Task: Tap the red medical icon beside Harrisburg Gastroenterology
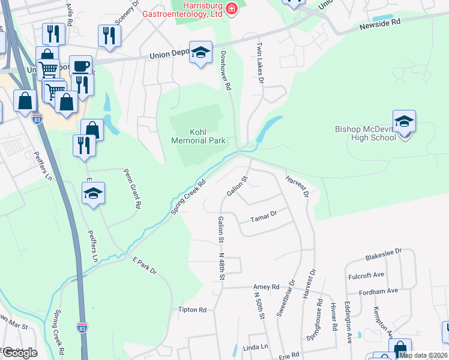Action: pyautogui.click(x=232, y=7)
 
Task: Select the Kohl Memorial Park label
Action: pyautogui.click(x=198, y=136)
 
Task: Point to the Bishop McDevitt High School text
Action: pyautogui.click(x=366, y=133)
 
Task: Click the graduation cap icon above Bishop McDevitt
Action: pyautogui.click(x=405, y=121)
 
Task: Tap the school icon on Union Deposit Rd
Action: pyautogui.click(x=201, y=52)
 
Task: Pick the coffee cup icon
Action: pyautogui.click(x=82, y=65)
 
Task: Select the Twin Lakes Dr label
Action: pyautogui.click(x=261, y=63)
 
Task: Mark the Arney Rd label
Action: pyautogui.click(x=267, y=287)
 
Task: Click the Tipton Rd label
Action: pyautogui.click(x=192, y=310)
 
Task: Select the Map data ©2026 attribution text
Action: pyautogui.click(x=424, y=355)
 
